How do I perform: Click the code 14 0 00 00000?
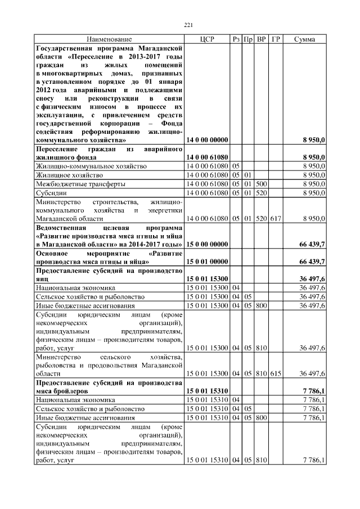point(207,139)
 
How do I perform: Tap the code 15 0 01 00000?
point(207,262)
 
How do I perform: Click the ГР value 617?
point(275,218)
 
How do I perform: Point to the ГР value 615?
point(275,373)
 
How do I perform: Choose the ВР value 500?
point(261,184)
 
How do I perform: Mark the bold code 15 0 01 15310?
point(207,390)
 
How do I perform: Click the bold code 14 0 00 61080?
point(207,157)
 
